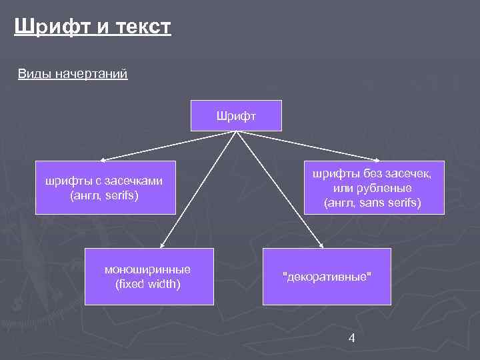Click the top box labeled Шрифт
[x=237, y=115]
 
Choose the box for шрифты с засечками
[x=105, y=187]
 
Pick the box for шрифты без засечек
[x=372, y=187]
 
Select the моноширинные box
[x=147, y=276]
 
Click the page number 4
[x=351, y=338]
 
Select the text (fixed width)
[x=147, y=284]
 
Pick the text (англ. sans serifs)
[x=372, y=202]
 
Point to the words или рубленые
[x=372, y=188]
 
